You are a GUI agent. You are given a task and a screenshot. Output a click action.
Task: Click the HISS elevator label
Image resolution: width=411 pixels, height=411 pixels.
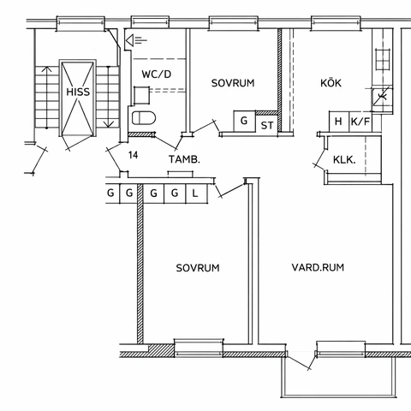click(78, 92)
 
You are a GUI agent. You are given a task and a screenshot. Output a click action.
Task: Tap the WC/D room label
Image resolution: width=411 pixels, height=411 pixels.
click(157, 74)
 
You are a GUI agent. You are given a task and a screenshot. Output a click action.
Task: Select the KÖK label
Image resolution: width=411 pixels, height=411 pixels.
click(331, 83)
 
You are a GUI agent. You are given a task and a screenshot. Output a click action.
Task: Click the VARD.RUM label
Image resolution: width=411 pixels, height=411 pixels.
click(318, 267)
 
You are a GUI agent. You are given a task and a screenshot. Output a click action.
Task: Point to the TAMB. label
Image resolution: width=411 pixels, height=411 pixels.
click(184, 159)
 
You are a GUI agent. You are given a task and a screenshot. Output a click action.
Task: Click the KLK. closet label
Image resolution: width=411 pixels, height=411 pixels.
click(344, 160)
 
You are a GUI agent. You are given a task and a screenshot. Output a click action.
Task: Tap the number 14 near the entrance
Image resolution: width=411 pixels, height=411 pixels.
click(133, 155)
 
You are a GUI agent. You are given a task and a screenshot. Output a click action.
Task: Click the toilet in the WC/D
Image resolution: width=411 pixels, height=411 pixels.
click(144, 118)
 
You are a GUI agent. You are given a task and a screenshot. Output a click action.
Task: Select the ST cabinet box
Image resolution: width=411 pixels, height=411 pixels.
click(267, 124)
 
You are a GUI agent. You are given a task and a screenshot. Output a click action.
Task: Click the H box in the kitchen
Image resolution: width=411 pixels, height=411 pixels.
click(339, 122)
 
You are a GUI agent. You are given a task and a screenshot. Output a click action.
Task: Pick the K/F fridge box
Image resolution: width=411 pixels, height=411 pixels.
click(360, 122)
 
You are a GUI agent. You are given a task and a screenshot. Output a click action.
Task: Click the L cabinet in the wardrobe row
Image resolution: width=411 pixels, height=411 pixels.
click(196, 194)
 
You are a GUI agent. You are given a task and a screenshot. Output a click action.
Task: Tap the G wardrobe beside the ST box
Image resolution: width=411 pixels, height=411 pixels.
click(244, 121)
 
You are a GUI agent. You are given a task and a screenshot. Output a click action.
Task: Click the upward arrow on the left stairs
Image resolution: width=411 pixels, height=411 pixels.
click(46, 97)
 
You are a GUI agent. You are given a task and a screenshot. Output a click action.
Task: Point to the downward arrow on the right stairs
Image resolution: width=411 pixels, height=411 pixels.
click(108, 97)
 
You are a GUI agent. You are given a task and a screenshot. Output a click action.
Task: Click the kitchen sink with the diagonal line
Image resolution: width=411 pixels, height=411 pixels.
click(382, 97)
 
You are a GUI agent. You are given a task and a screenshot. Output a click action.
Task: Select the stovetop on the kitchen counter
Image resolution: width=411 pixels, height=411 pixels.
click(383, 60)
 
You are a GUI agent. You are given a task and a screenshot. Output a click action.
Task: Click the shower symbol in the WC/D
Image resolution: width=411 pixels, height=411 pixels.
click(136, 40)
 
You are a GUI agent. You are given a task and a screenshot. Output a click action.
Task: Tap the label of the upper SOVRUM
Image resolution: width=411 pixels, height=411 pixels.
click(233, 83)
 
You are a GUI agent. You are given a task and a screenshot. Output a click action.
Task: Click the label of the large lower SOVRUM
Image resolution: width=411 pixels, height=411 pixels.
click(198, 268)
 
